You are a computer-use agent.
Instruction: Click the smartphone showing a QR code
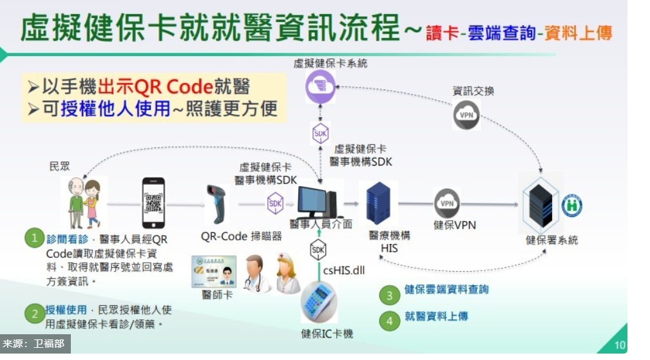[x=153, y=203]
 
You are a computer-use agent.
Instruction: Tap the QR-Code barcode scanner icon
[x=215, y=204]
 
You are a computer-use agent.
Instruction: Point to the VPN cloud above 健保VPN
[x=446, y=204]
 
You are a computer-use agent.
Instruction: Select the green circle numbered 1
[x=34, y=238]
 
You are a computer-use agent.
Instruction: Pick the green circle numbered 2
[x=34, y=314]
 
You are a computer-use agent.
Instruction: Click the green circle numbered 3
[x=388, y=295]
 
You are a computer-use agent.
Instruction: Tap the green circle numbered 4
[x=388, y=320]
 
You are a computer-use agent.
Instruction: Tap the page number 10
[x=619, y=345]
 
